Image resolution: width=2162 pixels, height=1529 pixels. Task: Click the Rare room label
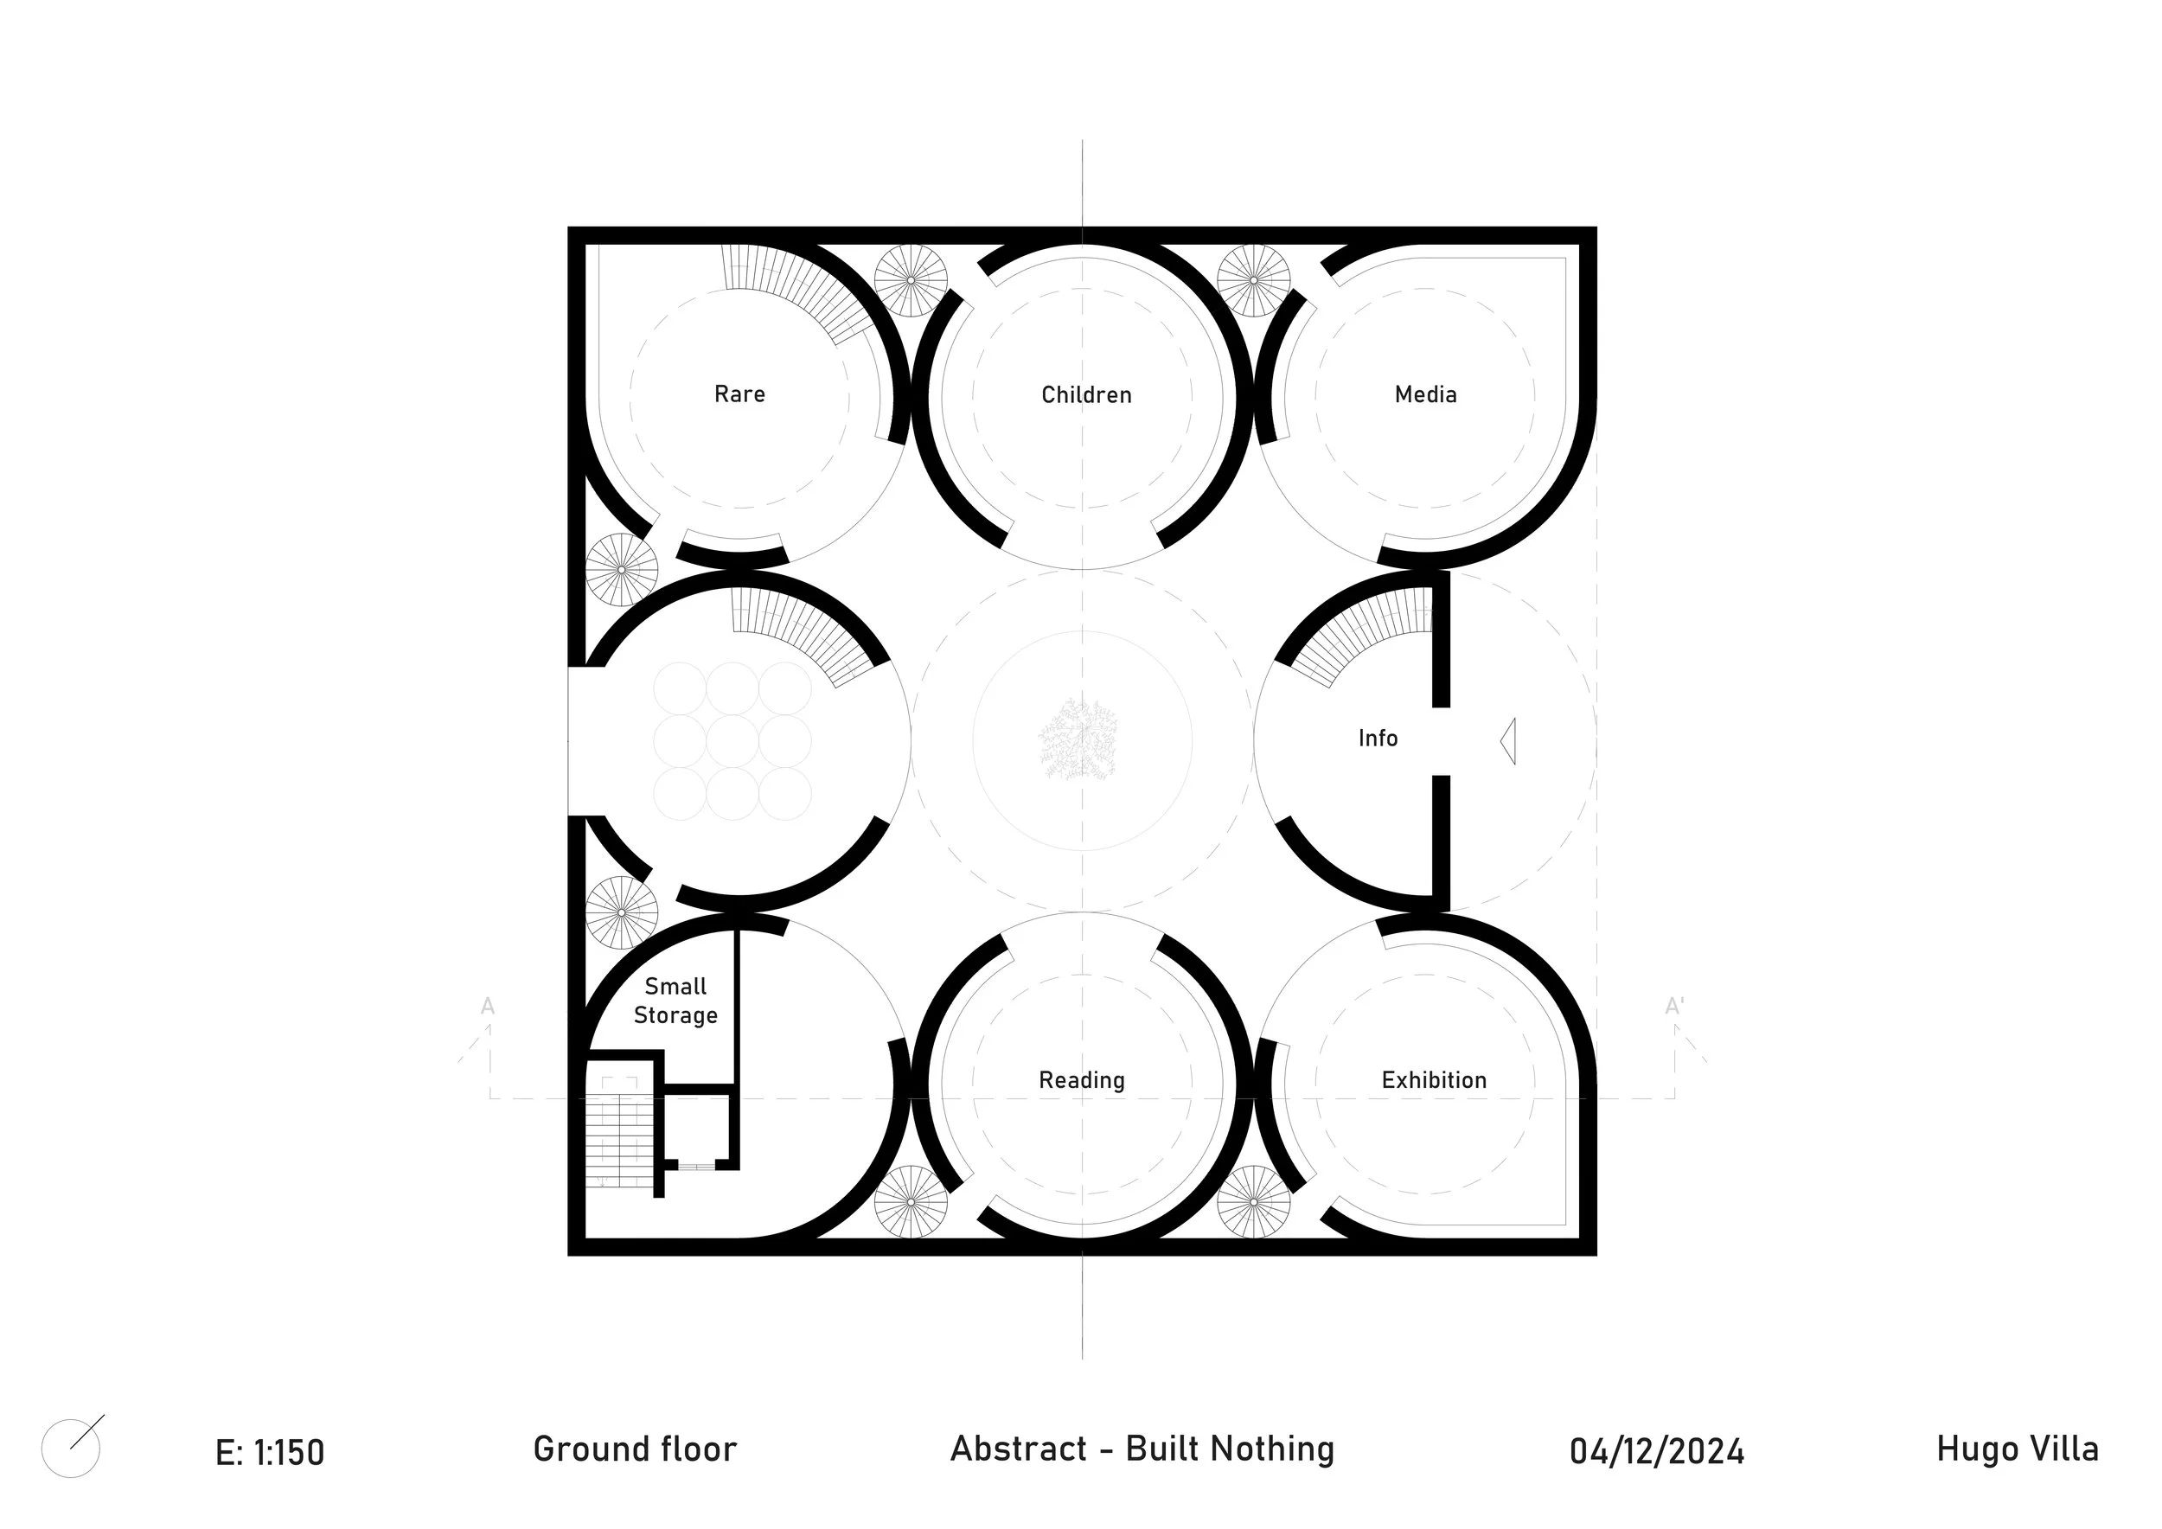tap(739, 393)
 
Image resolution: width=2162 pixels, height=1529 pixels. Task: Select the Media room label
tap(1426, 394)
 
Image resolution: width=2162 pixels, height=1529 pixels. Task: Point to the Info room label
tap(1378, 739)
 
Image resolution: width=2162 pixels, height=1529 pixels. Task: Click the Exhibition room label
tap(1433, 1080)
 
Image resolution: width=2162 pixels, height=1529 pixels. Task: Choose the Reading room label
tap(1081, 1080)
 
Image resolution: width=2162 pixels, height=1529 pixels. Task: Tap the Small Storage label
tap(675, 1001)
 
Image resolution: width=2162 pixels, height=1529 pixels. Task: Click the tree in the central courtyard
tap(1079, 739)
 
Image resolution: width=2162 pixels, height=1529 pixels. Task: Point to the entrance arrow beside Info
tap(1508, 741)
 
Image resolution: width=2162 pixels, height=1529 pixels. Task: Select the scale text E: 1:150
tap(269, 1453)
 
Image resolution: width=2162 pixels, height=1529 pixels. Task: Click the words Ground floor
tap(635, 1449)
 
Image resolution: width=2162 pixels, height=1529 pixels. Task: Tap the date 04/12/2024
tap(1656, 1452)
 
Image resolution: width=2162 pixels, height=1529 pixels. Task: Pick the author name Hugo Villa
tap(2017, 1449)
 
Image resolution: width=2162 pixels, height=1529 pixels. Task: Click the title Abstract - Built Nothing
tap(1142, 1449)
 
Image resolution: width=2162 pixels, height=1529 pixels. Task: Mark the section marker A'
tap(1673, 1007)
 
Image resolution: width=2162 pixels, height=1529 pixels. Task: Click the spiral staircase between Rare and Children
tap(911, 280)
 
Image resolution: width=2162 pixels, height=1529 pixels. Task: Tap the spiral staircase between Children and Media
tap(1253, 280)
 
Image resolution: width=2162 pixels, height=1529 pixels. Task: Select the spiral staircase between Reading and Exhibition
tap(1253, 1202)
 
